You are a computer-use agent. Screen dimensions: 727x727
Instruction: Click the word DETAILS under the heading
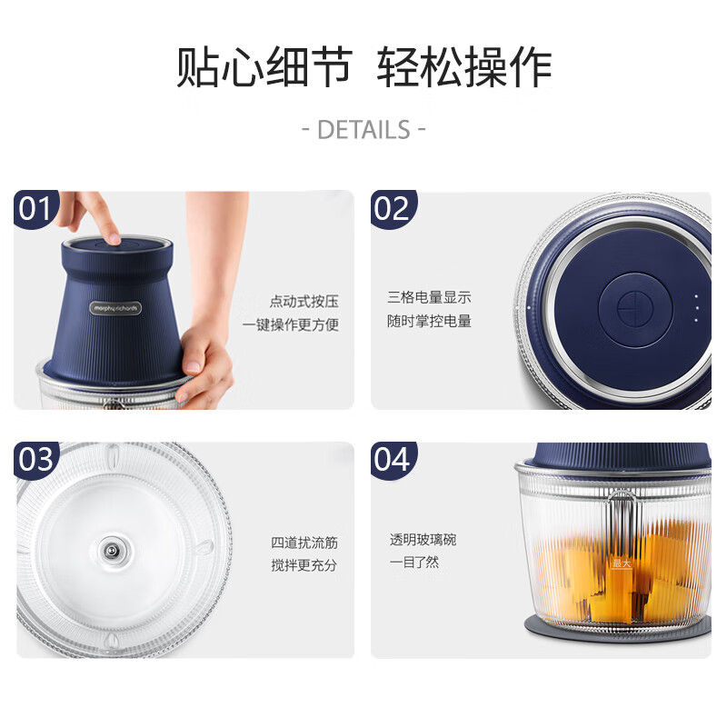pyautogui.click(x=364, y=129)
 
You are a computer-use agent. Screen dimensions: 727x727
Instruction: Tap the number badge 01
pyautogui.click(x=35, y=208)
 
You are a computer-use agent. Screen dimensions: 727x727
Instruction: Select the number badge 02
pyautogui.click(x=393, y=209)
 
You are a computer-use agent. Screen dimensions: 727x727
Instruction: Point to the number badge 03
pyautogui.click(x=35, y=459)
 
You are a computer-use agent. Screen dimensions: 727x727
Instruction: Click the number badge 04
pyautogui.click(x=393, y=460)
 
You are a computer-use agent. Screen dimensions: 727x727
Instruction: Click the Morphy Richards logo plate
pyautogui.click(x=115, y=308)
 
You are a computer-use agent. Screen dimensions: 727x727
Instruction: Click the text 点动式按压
pyautogui.click(x=304, y=302)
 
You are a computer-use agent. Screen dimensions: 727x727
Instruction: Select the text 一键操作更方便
pyautogui.click(x=290, y=324)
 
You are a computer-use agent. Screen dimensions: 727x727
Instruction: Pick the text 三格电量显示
pyautogui.click(x=429, y=297)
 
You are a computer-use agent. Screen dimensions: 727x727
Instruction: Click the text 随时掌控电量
pyautogui.click(x=429, y=321)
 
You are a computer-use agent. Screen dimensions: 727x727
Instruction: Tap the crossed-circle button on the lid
pyautogui.click(x=635, y=308)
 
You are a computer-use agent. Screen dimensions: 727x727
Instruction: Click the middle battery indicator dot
pyautogui.click(x=696, y=308)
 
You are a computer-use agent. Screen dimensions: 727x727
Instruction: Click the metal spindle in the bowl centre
pyautogui.click(x=111, y=551)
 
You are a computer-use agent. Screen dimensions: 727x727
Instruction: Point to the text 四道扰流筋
pyautogui.click(x=304, y=543)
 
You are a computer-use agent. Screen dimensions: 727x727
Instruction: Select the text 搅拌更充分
pyautogui.click(x=304, y=565)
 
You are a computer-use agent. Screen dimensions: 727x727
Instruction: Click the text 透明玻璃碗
pyautogui.click(x=423, y=540)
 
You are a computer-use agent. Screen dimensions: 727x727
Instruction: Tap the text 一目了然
pyautogui.click(x=414, y=563)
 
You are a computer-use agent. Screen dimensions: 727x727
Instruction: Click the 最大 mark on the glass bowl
pyautogui.click(x=622, y=563)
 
